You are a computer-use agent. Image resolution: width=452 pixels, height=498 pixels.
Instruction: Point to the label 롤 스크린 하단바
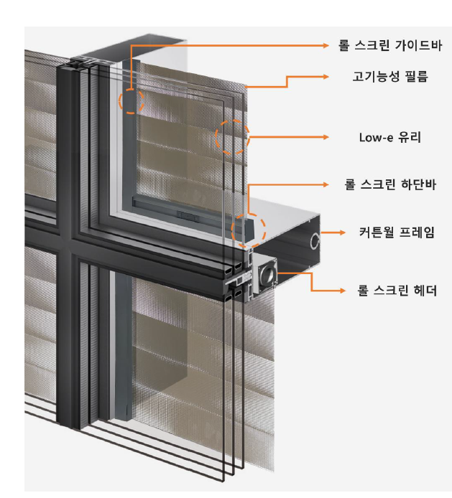(x=391, y=184)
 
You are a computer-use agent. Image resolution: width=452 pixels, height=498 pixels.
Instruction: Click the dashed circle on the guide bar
(x=132, y=101)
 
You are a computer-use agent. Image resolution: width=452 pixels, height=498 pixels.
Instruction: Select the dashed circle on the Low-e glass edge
(x=232, y=137)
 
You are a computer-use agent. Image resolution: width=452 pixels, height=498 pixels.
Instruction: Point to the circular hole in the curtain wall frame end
(x=313, y=241)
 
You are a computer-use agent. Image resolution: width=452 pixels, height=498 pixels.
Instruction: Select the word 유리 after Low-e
(x=411, y=137)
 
